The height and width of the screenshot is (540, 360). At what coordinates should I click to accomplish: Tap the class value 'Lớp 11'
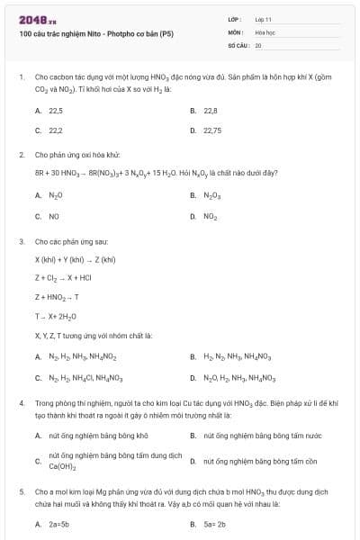point(264,18)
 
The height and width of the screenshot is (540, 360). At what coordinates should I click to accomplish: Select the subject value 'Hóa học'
point(265,31)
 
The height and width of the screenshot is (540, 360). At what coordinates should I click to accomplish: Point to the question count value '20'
point(258,43)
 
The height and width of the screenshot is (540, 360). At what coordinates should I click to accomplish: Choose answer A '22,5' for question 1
point(55,111)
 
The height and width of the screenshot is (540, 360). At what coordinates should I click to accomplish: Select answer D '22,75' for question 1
point(212,130)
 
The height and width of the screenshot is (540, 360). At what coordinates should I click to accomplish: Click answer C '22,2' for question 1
point(55,130)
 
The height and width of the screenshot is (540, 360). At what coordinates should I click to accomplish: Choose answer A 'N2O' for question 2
point(55,195)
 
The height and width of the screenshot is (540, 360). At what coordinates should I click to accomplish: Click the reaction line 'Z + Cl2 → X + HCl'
point(70,276)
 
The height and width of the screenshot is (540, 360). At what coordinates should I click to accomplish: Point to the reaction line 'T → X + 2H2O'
point(59,316)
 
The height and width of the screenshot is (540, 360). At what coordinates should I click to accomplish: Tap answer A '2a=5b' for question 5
point(59,523)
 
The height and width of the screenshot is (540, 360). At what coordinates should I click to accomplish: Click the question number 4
point(22,403)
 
